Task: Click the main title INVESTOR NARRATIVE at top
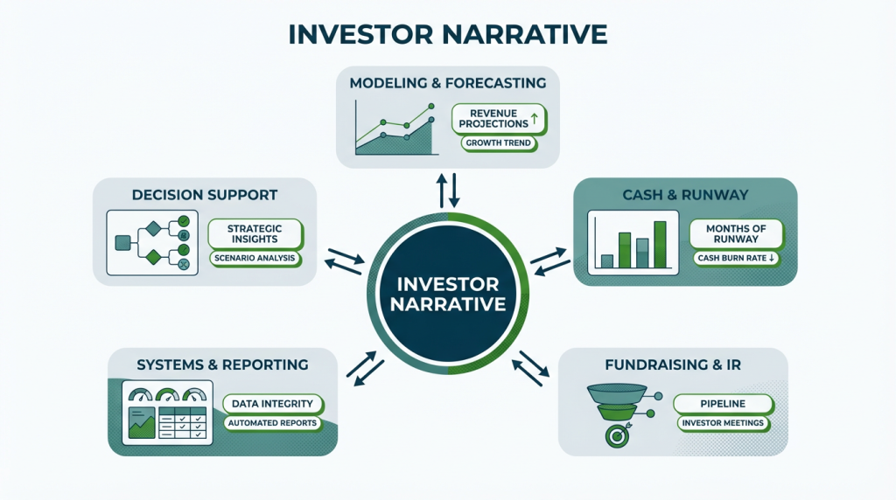(x=447, y=34)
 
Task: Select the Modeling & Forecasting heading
(x=447, y=83)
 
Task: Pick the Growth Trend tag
(x=497, y=142)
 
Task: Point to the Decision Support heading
(x=205, y=194)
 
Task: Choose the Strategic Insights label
(x=255, y=233)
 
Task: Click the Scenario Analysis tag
(x=255, y=259)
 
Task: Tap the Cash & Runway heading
(x=685, y=194)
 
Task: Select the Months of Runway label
(x=735, y=233)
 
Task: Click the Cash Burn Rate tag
(x=735, y=258)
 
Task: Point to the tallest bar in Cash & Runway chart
(x=660, y=244)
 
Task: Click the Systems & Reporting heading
(x=222, y=364)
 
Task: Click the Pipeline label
(x=723, y=404)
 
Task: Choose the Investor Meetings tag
(x=723, y=424)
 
